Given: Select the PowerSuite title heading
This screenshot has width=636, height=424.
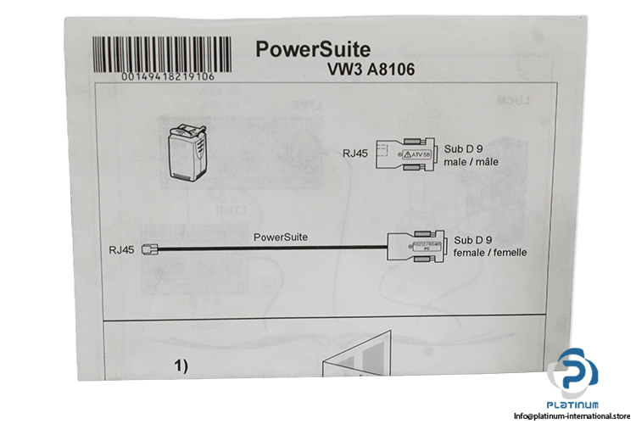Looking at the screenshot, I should click(x=313, y=49).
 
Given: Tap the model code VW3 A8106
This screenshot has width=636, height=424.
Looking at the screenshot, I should click(x=372, y=70).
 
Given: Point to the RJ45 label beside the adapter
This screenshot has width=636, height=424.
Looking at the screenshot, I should click(x=355, y=153).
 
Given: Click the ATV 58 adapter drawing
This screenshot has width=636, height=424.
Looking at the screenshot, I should click(x=406, y=155).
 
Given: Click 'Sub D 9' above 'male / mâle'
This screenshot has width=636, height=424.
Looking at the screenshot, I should click(x=466, y=148).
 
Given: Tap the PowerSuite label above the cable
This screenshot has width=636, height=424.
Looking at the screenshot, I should click(x=281, y=237).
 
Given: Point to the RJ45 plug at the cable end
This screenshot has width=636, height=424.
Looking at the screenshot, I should click(x=151, y=250).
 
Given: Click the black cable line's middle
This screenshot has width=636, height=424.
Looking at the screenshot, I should click(x=271, y=249).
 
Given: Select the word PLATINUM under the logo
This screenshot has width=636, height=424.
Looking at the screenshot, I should click(x=576, y=404).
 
